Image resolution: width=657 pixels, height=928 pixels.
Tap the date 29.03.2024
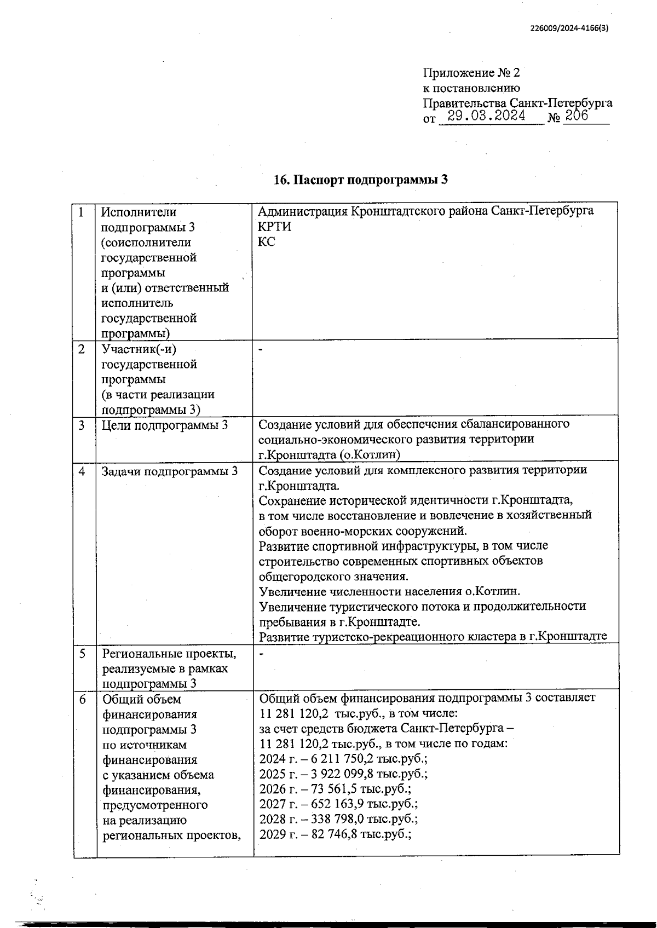pyautogui.click(x=486, y=116)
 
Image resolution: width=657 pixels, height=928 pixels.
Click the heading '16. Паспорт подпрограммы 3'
pyautogui.click(x=361, y=180)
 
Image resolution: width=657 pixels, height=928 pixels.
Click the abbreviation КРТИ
pyautogui.click(x=274, y=227)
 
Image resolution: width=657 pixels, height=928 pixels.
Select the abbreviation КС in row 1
pyautogui.click(x=267, y=242)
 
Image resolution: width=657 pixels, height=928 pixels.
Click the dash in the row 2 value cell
pyautogui.click(x=261, y=349)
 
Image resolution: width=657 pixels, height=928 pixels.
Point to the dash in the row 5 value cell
pyautogui.click(x=261, y=654)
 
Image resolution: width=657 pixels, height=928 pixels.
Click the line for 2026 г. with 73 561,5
pyautogui.click(x=335, y=789)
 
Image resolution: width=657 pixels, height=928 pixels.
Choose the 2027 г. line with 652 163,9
pyautogui.click(x=338, y=804)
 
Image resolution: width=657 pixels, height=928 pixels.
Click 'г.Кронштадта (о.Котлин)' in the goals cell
pyautogui.click(x=330, y=454)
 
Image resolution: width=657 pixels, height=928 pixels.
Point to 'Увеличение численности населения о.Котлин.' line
pyautogui.click(x=389, y=591)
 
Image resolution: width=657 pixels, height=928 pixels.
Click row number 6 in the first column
pyautogui.click(x=82, y=699)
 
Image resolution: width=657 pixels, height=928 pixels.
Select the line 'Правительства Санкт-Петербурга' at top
pyautogui.click(x=517, y=102)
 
